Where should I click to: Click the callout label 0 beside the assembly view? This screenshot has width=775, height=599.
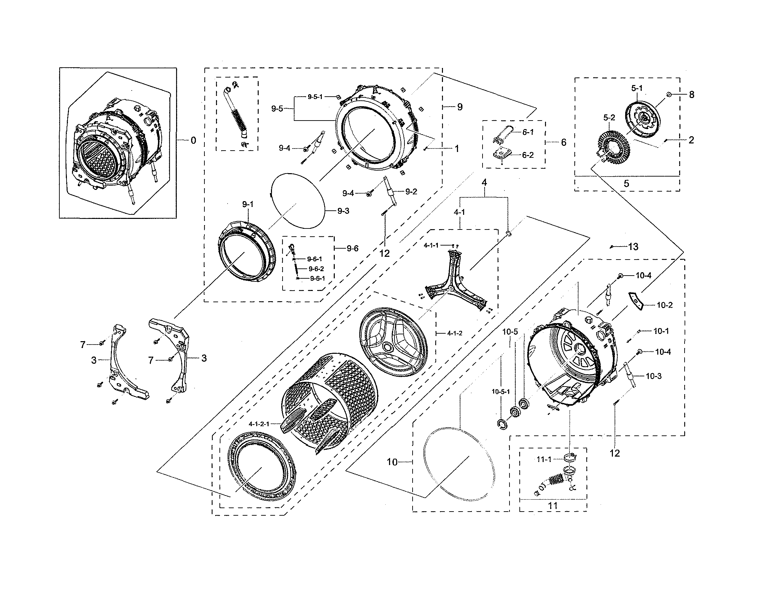(x=193, y=141)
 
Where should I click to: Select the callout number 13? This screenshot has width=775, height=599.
(x=633, y=247)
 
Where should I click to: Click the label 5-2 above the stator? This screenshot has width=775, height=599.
(x=609, y=117)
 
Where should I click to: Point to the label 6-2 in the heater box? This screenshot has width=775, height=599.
(x=528, y=155)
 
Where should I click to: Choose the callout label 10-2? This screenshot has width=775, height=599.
(x=665, y=305)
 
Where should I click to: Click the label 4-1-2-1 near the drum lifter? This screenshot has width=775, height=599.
(x=259, y=424)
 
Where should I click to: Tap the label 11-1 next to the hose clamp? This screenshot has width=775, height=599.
(x=544, y=459)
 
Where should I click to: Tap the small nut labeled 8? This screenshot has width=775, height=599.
(x=668, y=95)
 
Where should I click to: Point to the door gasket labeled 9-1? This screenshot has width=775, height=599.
(x=247, y=252)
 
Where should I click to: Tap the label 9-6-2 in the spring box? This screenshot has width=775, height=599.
(x=316, y=269)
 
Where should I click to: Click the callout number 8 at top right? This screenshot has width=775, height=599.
(x=691, y=95)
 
